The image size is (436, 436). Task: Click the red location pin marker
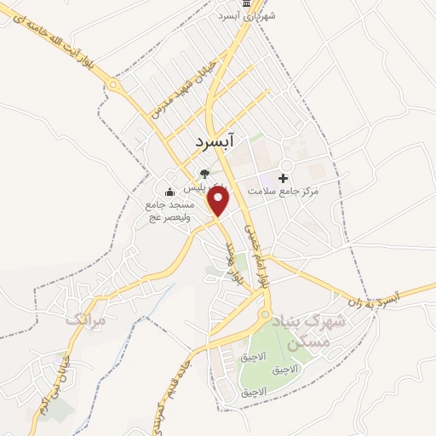tap(220, 202)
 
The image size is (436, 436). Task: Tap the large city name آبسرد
tap(232, 141)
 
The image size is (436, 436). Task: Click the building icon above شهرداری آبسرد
tap(247, 4)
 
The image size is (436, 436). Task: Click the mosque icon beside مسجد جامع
tap(169, 191)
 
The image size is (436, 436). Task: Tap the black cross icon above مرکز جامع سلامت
tap(283, 177)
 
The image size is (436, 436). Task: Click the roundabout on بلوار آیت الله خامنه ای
tap(112, 83)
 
